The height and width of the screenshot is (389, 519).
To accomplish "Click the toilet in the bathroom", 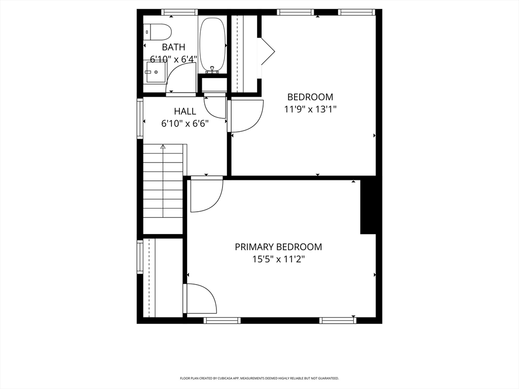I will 158,32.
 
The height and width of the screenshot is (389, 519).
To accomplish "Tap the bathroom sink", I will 155,72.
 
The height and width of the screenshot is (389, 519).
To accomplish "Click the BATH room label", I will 173,47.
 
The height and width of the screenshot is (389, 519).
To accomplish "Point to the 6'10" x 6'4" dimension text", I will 173,59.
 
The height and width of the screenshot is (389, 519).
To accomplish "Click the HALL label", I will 185,111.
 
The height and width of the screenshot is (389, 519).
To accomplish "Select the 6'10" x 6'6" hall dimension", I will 185,123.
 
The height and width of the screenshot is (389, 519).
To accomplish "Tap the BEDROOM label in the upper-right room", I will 310,97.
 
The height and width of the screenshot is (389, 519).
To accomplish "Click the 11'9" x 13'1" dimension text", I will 310,109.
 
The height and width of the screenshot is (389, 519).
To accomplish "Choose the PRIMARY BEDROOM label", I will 278,247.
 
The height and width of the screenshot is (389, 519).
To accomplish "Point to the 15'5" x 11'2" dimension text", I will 278,259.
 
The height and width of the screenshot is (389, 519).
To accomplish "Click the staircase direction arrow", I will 163,147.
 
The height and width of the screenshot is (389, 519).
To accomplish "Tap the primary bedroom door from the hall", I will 207,194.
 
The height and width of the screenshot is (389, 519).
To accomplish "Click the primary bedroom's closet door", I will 200,299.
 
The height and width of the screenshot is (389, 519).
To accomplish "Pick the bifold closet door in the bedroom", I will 267,51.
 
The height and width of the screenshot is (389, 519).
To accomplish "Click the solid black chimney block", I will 368,207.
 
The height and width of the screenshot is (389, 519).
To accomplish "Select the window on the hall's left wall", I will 140,118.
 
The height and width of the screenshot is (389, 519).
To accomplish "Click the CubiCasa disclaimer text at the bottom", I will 259,378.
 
